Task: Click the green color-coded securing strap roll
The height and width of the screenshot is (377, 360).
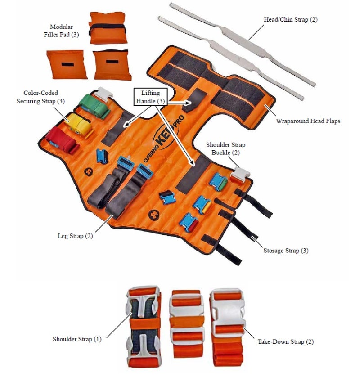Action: (x=94, y=106)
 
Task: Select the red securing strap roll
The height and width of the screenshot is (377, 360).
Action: (x=62, y=142)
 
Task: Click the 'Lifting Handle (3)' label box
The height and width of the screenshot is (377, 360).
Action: (x=151, y=97)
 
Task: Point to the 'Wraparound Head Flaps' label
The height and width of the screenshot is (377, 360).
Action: (x=308, y=121)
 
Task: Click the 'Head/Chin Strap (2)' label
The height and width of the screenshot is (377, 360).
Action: (x=291, y=19)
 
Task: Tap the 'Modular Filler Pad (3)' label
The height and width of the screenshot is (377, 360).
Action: (x=61, y=31)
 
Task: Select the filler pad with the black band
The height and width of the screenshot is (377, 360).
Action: (x=108, y=28)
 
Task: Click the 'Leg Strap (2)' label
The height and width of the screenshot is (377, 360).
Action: (x=75, y=236)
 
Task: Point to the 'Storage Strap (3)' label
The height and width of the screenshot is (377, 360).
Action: (x=286, y=251)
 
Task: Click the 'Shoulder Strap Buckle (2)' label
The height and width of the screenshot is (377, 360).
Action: (x=225, y=148)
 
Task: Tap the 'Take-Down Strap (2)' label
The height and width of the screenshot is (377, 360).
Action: (x=286, y=341)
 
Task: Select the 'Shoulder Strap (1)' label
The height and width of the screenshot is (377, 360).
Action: (x=77, y=339)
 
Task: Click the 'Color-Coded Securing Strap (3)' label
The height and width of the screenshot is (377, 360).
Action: (x=40, y=97)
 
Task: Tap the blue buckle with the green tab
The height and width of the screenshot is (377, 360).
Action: (x=218, y=182)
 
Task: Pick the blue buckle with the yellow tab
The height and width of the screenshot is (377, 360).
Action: (x=202, y=205)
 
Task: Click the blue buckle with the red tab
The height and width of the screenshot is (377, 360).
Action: (x=189, y=223)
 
